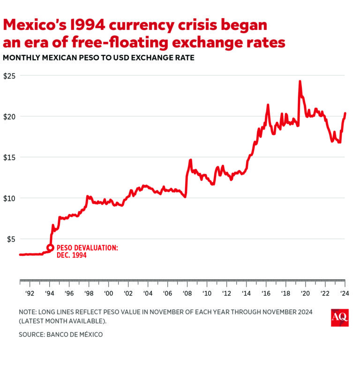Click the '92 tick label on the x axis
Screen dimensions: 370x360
30,294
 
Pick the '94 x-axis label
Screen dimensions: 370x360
49,294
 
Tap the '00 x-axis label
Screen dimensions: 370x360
108,294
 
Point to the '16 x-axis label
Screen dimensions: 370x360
265,294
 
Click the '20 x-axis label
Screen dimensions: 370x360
305,294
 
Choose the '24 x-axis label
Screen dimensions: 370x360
344,294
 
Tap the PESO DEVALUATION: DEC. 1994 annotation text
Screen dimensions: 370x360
87,252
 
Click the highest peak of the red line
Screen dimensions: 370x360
300,81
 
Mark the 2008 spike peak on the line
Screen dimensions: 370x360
191,160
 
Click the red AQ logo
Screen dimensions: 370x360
339,317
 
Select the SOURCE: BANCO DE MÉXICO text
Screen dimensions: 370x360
60,334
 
